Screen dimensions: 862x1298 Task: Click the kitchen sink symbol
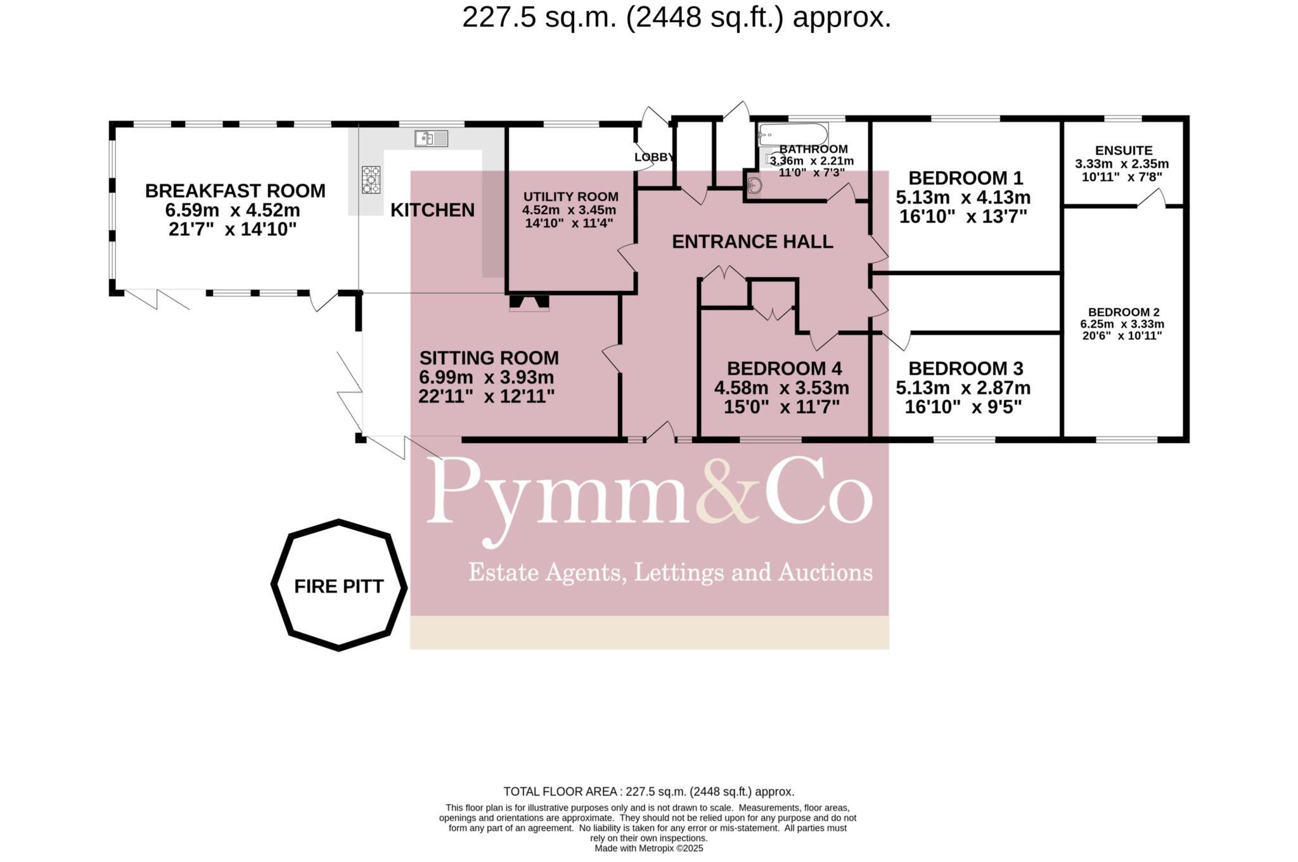pyautogui.click(x=431, y=138)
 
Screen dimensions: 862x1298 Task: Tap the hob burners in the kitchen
pyautogui.click(x=371, y=179)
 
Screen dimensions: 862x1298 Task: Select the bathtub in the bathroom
pyautogui.click(x=794, y=134)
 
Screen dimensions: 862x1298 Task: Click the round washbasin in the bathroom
pyautogui.click(x=754, y=186)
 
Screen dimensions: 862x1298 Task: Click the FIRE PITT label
pyautogui.click(x=339, y=586)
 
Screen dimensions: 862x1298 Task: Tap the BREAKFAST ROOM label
pyautogui.click(x=235, y=191)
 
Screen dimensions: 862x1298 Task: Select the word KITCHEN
pyautogui.click(x=432, y=210)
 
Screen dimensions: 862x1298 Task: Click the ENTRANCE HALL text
pyautogui.click(x=752, y=241)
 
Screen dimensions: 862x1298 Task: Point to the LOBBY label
pyautogui.click(x=653, y=157)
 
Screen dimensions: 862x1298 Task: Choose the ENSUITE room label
pyautogui.click(x=1123, y=151)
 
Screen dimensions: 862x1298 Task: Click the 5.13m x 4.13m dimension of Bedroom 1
pyautogui.click(x=963, y=197)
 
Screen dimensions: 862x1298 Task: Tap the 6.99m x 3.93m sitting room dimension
pyautogui.click(x=487, y=378)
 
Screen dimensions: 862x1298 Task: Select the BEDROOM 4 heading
pyautogui.click(x=784, y=368)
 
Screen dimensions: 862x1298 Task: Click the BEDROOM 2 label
pyautogui.click(x=1123, y=312)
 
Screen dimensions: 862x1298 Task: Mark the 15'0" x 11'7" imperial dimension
pyautogui.click(x=781, y=407)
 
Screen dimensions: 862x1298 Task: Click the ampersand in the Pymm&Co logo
pyautogui.click(x=729, y=500)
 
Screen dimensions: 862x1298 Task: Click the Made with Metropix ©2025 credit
pyautogui.click(x=648, y=848)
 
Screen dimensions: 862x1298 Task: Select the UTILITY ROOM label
pyautogui.click(x=570, y=197)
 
